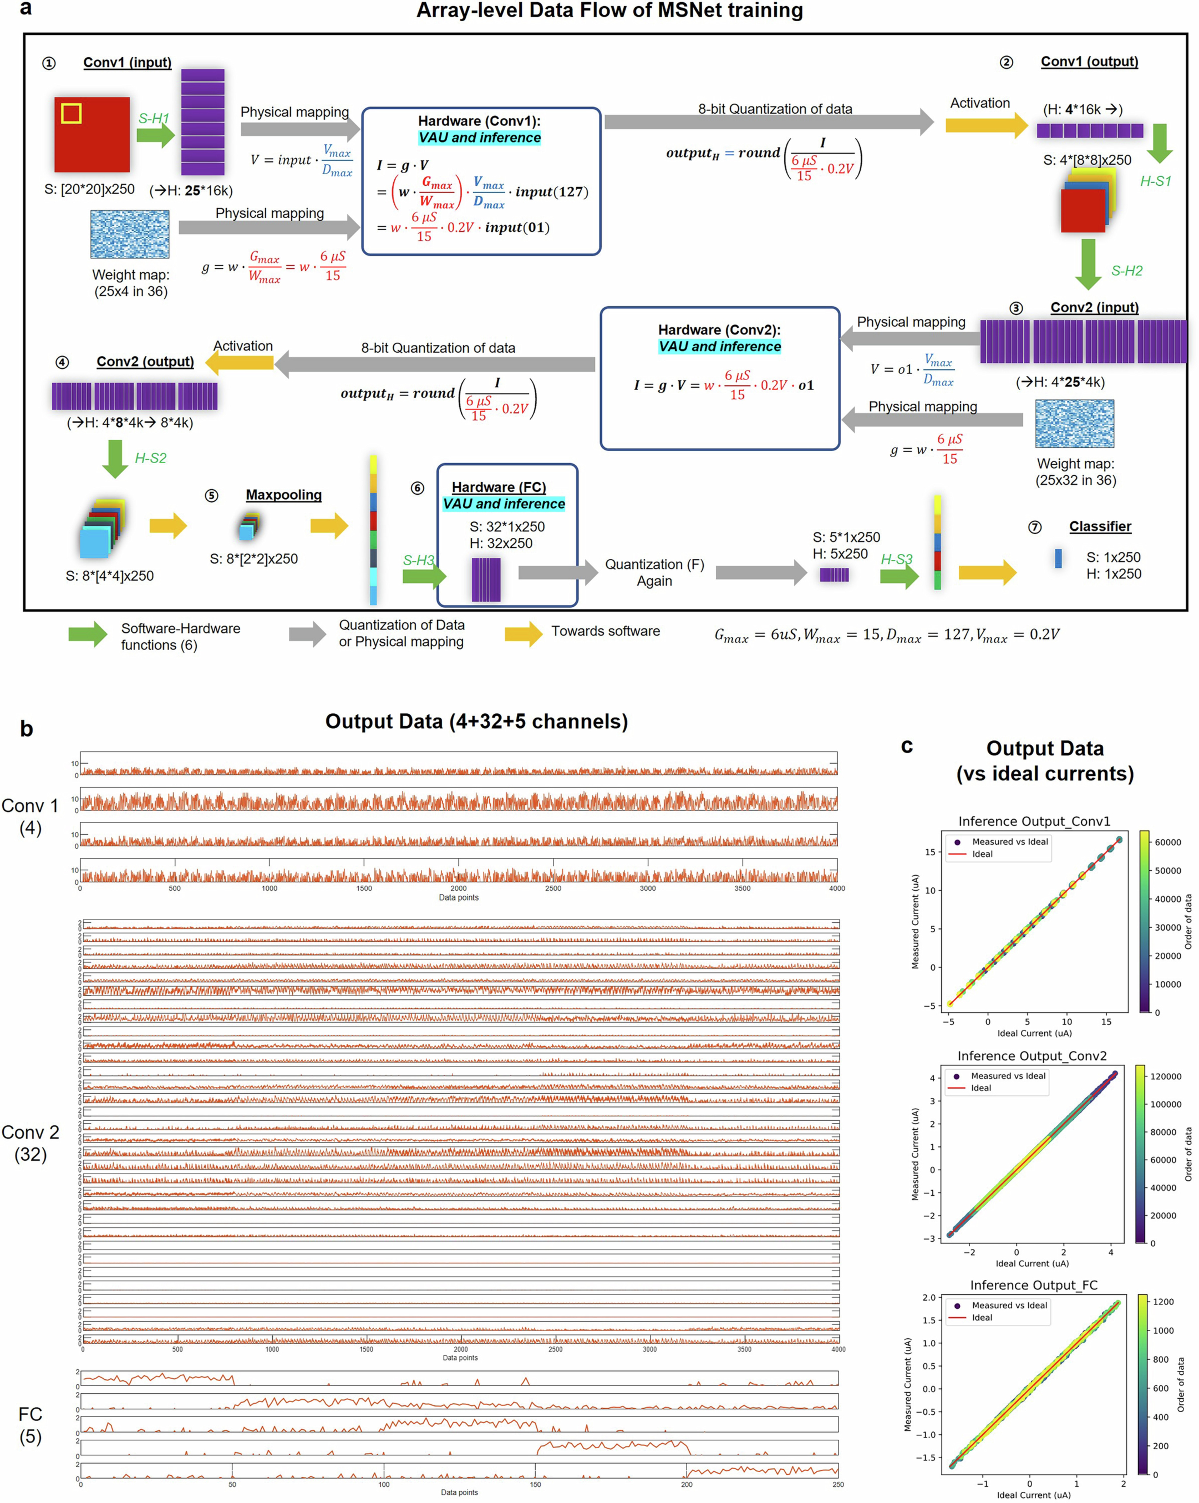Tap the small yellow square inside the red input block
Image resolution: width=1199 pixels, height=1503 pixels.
(x=71, y=113)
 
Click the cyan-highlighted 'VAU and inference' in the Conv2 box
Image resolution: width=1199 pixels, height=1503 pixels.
(x=719, y=347)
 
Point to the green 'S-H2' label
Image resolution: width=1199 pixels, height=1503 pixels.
(x=1127, y=271)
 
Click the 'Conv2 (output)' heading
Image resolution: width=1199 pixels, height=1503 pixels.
(x=145, y=361)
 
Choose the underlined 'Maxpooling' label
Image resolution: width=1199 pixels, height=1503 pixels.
(x=284, y=495)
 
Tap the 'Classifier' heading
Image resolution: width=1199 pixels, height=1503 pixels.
(x=1100, y=526)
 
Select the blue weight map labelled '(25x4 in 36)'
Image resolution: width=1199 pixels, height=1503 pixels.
(x=130, y=234)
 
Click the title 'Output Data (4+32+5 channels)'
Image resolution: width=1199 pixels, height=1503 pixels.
(x=476, y=721)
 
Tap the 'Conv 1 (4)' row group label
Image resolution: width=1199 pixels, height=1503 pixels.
(x=30, y=816)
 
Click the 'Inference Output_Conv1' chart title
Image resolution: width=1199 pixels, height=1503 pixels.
(x=1034, y=821)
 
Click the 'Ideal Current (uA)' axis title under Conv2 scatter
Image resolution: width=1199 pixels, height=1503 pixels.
(x=1032, y=1263)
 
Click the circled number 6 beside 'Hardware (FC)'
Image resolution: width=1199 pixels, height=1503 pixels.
(x=417, y=488)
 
